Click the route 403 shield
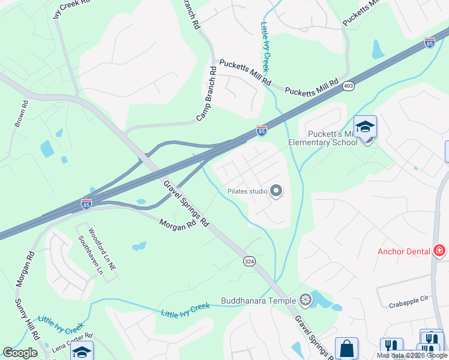348,86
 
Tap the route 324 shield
249,261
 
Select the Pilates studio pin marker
277,191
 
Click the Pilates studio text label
247,191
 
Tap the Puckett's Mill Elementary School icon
365,127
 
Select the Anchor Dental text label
403,251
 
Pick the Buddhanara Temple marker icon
306,300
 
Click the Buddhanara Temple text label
259,301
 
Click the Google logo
20,353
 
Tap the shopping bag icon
346,348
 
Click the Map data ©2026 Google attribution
412,355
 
